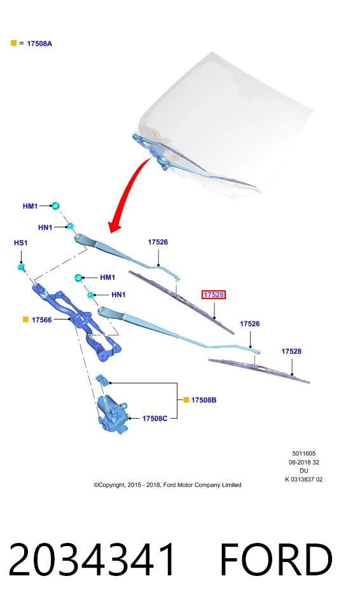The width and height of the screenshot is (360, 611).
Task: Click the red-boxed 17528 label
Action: (x=214, y=295)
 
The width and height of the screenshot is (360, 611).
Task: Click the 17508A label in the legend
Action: (x=39, y=44)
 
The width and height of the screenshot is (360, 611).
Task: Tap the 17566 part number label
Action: (x=42, y=320)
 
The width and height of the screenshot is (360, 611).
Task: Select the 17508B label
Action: (x=204, y=400)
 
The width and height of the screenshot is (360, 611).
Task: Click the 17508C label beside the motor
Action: (x=155, y=419)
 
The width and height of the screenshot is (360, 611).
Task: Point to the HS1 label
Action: (x=20, y=242)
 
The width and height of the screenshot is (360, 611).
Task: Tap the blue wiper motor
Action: (x=113, y=414)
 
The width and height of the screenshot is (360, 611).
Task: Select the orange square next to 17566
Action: (x=25, y=320)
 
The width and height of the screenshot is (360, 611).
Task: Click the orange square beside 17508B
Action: (x=186, y=400)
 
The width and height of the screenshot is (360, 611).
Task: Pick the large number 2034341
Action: (x=92, y=559)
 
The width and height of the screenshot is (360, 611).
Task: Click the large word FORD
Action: (x=276, y=559)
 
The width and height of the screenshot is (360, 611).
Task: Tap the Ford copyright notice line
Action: (x=167, y=485)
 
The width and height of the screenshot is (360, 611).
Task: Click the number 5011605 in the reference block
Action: (x=304, y=454)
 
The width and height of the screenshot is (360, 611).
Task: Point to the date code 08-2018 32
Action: (x=304, y=462)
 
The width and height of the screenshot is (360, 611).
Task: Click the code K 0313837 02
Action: (x=304, y=480)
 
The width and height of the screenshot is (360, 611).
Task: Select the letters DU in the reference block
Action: (x=304, y=471)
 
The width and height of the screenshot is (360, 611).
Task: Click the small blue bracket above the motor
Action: (x=102, y=379)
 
